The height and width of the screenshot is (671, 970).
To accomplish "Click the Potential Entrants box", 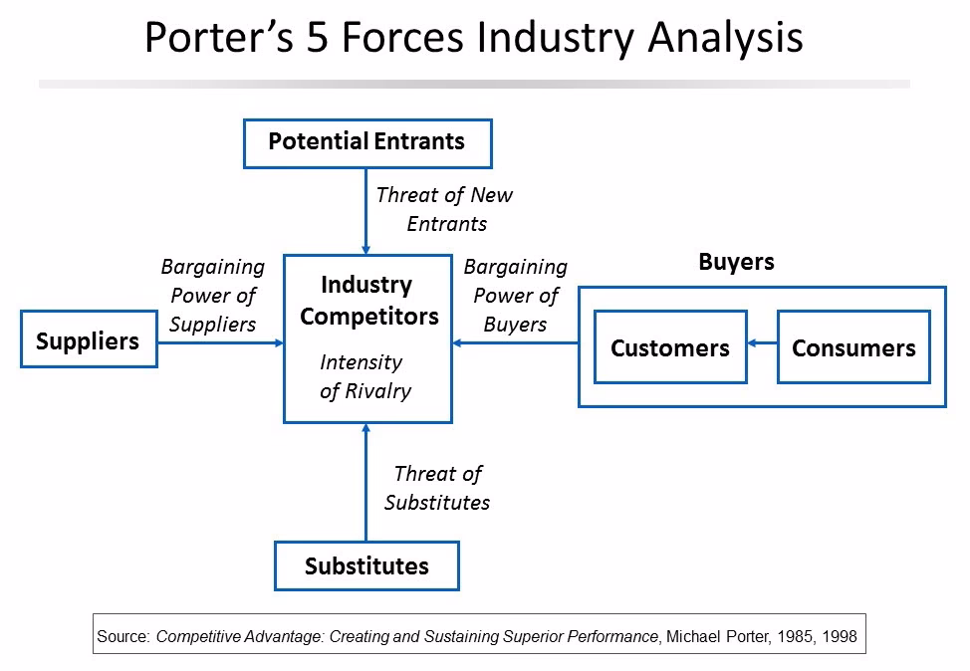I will coord(366,142).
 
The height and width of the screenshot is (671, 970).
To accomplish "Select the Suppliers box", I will coord(88,340).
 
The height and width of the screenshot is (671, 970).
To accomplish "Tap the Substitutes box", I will coord(366,566).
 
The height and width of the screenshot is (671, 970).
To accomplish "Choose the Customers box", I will coord(669,347).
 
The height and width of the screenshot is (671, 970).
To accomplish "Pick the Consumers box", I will coord(853,347).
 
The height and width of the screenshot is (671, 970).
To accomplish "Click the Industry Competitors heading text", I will coord(367,301).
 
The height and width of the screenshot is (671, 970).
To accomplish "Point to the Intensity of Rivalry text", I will coord(364,376).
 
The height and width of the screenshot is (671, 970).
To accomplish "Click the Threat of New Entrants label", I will coord(445,209).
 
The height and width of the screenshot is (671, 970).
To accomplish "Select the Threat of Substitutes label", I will coord(437,488).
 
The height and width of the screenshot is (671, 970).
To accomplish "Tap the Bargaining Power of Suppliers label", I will coord(212,296).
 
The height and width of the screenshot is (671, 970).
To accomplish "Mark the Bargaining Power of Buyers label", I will coord(515,296).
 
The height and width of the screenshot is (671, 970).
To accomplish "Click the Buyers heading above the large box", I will coord(736,263).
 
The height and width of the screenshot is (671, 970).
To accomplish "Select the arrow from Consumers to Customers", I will coord(762,343).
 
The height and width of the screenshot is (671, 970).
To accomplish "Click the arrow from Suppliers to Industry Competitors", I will coord(220,343).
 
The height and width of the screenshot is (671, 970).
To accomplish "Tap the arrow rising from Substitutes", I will coord(365,483).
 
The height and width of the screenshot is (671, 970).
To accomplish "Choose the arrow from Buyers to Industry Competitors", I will coord(515,343).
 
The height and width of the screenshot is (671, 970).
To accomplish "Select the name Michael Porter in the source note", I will coord(711,634).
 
